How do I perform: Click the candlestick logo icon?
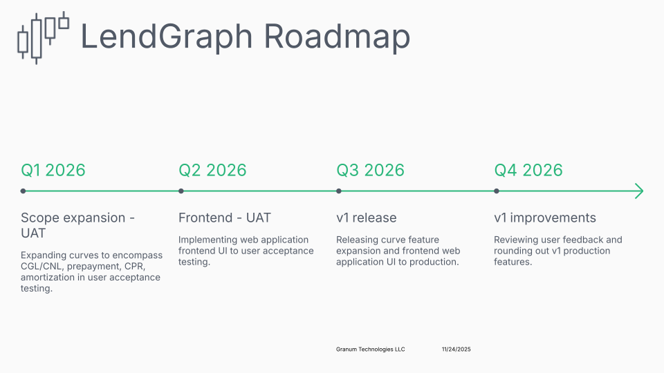(x=43, y=37)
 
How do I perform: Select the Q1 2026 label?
(x=53, y=170)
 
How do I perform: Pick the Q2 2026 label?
(x=212, y=170)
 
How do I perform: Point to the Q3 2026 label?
(x=370, y=170)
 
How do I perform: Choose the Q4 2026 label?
(x=528, y=170)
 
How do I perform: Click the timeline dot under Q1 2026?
(x=24, y=191)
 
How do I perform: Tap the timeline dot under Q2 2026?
(x=181, y=191)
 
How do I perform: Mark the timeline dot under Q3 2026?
(x=339, y=191)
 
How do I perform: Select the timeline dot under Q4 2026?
(x=497, y=191)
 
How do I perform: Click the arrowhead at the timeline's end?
(x=640, y=191)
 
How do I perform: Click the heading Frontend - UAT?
(x=225, y=218)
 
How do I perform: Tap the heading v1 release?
(x=367, y=218)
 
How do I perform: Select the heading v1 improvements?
(x=545, y=218)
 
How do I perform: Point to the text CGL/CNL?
(x=41, y=265)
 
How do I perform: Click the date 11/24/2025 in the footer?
(x=456, y=350)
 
